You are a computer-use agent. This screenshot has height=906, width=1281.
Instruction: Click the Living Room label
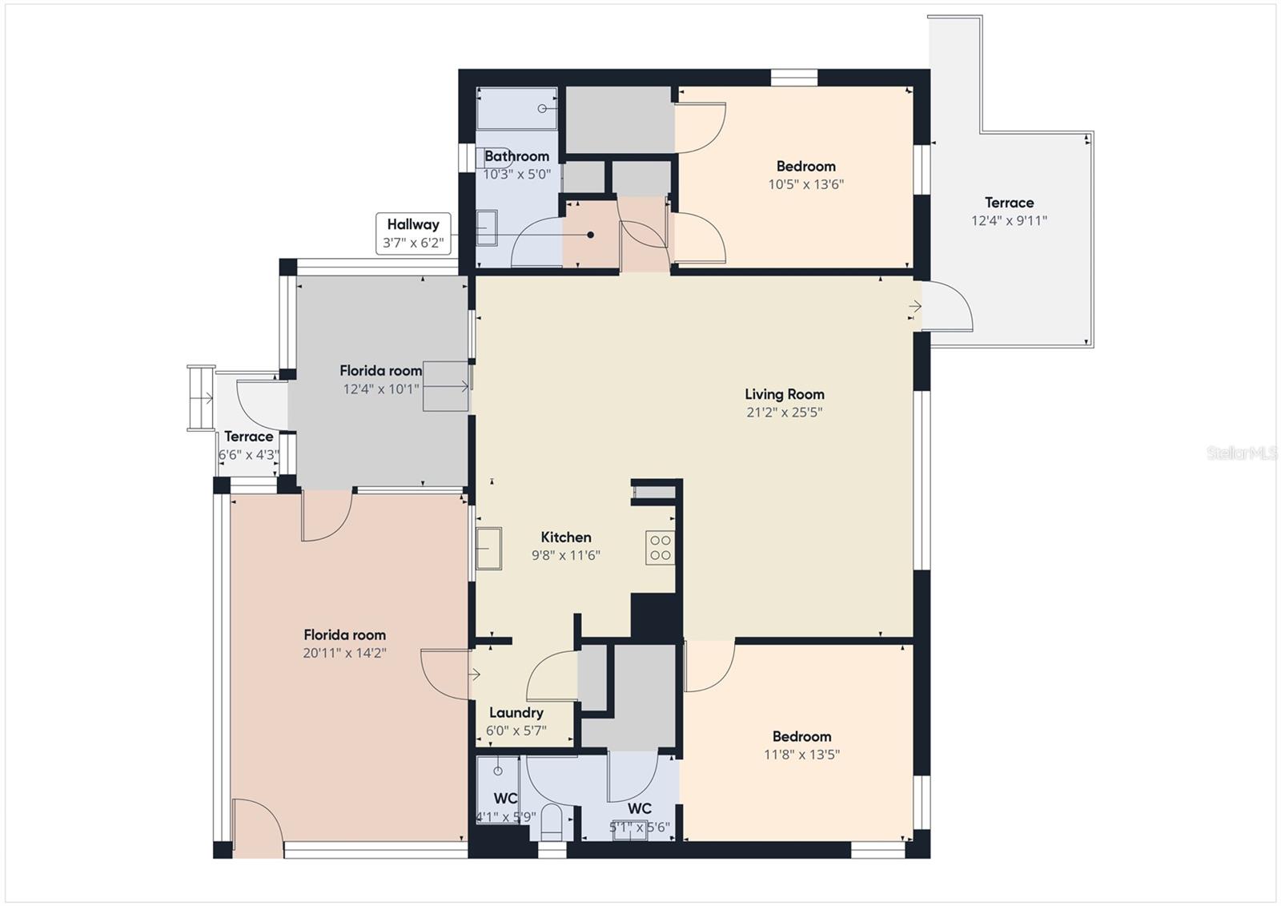point(784,394)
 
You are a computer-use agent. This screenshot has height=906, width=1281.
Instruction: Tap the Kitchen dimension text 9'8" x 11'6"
point(565,555)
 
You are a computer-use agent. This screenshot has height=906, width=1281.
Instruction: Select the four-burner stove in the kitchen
point(660,548)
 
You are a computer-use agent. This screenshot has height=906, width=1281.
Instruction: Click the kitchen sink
point(489,548)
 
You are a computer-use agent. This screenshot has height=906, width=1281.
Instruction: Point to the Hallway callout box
point(413,234)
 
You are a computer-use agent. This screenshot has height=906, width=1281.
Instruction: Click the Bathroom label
point(516,156)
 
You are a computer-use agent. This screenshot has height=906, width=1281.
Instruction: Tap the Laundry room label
point(516,713)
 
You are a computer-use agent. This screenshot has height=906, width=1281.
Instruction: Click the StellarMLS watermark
point(1242,453)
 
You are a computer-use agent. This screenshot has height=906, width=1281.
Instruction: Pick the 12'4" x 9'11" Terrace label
point(1009,211)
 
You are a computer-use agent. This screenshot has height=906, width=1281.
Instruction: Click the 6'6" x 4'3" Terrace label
point(249,446)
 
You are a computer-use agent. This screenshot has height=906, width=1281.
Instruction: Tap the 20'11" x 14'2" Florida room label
point(344,644)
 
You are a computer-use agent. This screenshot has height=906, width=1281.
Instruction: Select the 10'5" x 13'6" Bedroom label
point(805,175)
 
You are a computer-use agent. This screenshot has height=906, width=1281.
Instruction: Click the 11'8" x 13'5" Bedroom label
point(801,745)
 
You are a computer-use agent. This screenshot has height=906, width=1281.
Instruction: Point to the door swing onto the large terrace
point(946,307)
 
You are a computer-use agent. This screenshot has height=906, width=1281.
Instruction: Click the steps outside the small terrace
point(201,398)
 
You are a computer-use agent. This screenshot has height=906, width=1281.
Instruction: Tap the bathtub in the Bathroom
point(517,108)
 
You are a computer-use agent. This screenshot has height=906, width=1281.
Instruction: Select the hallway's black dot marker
point(590,235)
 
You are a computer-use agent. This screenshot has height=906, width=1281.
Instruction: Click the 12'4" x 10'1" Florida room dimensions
point(381,389)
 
